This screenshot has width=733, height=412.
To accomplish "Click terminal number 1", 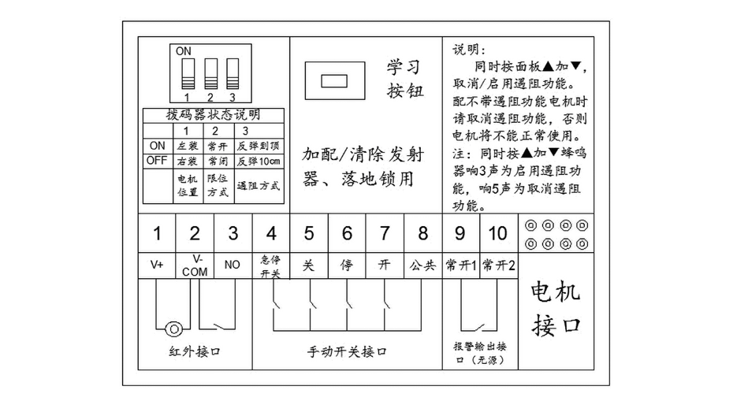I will [157, 233].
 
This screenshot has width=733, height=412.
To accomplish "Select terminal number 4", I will [271, 233].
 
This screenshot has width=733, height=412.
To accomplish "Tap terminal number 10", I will [498, 233].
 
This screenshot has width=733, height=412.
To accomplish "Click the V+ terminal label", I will [157, 265].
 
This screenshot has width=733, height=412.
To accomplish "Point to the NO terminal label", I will [233, 265].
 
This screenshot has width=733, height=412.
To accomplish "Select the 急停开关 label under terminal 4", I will [270, 265].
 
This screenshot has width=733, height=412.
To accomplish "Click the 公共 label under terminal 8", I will [422, 265].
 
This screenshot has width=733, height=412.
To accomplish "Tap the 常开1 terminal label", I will [461, 265].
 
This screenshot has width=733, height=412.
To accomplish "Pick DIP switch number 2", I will [210, 75].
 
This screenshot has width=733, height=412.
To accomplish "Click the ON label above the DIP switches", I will [184, 51].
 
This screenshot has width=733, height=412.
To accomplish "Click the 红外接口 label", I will [195, 351].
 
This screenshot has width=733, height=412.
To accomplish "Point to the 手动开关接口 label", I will [347, 351].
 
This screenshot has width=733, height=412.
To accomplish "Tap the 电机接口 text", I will [556, 308].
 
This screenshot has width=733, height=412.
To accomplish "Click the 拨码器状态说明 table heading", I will [213, 115].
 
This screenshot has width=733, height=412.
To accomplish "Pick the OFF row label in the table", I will [157, 161].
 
